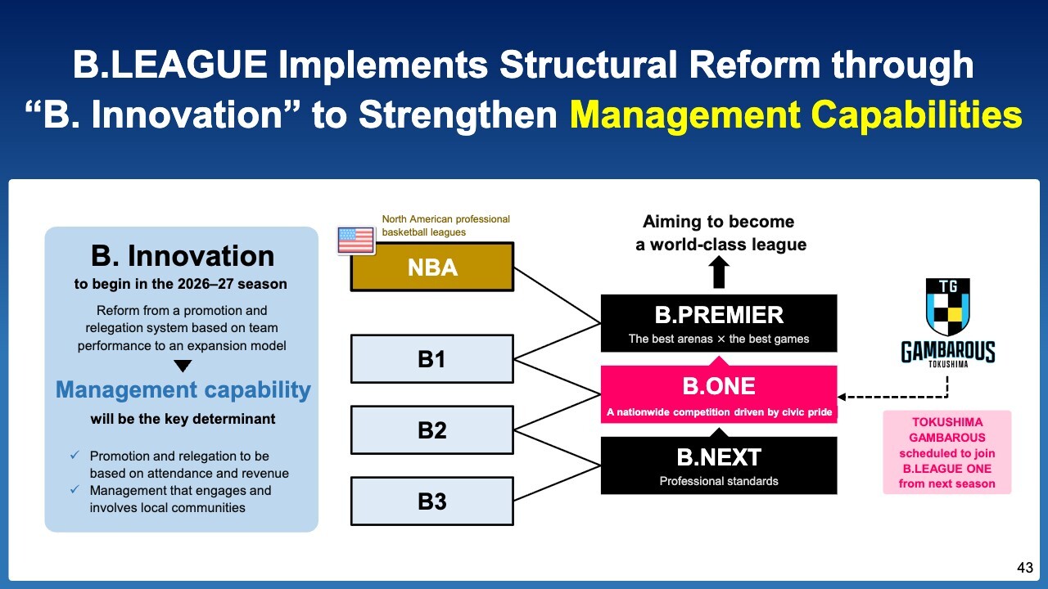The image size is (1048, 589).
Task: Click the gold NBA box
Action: coord(432,267)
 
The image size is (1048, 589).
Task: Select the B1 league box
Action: coord(432,359)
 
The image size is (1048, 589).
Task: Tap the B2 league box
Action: coord(432,430)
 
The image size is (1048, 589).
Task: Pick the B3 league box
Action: coord(432,501)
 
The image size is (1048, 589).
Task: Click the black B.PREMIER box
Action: coord(719,323)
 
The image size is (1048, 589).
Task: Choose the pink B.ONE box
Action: coord(719,394)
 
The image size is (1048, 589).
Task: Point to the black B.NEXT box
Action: coord(719,465)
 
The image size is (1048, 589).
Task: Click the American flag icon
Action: coord(356,241)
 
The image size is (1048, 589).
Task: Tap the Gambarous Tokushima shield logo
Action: coord(948,307)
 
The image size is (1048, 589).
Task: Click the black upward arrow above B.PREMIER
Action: coord(719,272)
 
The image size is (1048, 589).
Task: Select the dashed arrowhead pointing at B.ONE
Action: coord(842,398)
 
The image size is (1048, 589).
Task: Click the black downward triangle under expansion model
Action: coord(183,366)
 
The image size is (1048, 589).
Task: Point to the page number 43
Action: coord(1025,568)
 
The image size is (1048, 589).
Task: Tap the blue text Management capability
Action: coord(183,389)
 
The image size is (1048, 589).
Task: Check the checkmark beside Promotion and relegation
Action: coord(75,455)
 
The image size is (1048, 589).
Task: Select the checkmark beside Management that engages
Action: coord(75,489)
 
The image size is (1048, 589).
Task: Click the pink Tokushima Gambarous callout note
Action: coord(947,452)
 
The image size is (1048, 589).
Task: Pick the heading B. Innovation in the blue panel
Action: coord(183,256)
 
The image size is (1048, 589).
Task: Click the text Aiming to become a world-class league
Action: coord(720,233)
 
